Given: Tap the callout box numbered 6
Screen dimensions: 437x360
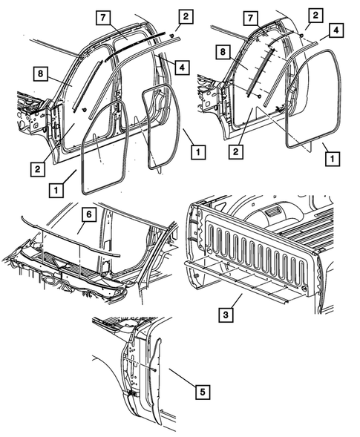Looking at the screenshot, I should pos(87,215).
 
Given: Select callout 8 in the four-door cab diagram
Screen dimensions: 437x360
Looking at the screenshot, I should pos(39,73).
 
